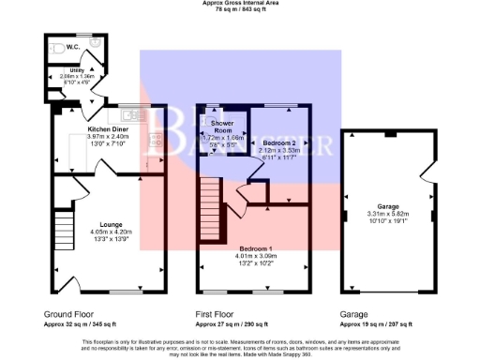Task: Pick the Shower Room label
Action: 222,127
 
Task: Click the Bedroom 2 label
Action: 276,142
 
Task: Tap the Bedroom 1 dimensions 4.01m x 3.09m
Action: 254,256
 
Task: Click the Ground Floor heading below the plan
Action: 69,314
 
